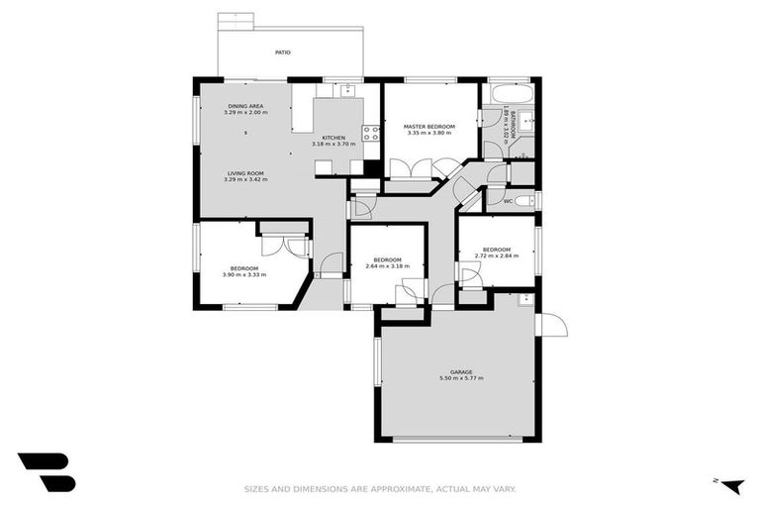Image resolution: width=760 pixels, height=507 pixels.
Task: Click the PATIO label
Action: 282,51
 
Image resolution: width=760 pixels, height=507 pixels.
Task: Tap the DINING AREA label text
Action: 244,106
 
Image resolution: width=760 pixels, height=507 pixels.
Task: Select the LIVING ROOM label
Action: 244,173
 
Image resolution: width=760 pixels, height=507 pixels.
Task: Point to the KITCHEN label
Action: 333,138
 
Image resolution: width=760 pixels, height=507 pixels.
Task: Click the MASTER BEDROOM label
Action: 429,127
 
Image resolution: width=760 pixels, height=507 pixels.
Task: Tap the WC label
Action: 508,202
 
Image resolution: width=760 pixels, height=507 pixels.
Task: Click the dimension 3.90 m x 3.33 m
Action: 244,274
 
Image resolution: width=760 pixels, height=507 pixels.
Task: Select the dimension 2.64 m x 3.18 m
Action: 387,266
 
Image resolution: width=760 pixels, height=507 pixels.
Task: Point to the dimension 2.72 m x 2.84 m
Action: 496,255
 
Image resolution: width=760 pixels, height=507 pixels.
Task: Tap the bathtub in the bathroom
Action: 519,93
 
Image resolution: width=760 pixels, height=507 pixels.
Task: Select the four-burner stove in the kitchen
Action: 372,134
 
